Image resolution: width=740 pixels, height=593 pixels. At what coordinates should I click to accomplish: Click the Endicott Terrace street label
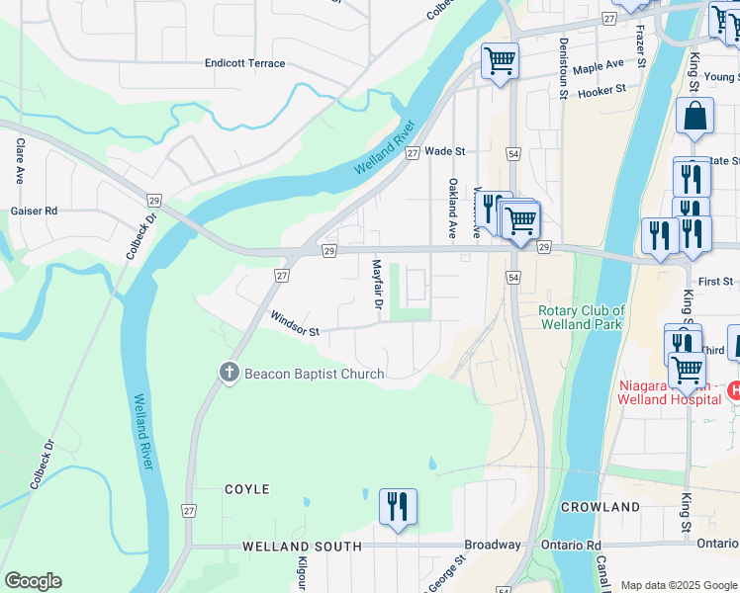[244, 63]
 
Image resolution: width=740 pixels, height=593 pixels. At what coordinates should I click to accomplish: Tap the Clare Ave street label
[19, 161]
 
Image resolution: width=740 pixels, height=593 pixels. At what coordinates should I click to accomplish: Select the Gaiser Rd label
[34, 211]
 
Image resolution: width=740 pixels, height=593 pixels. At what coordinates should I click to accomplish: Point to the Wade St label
[444, 151]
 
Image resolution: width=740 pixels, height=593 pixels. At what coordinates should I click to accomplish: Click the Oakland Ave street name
[452, 209]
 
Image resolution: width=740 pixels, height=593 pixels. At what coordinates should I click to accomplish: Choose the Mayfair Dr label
[377, 284]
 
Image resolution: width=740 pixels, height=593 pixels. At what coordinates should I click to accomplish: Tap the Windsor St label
[294, 324]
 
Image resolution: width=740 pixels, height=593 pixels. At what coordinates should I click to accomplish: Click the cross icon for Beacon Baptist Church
[229, 373]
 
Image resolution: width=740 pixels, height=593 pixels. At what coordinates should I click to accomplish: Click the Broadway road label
[493, 545]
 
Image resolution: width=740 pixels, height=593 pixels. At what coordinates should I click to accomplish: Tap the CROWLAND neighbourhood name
[601, 507]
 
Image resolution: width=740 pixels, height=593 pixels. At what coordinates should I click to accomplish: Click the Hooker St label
[602, 90]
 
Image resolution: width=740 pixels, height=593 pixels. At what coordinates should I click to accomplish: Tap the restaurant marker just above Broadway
[398, 507]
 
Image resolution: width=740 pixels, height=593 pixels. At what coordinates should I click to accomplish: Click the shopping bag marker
[694, 117]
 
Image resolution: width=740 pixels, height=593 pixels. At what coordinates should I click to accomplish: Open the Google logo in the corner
[32, 581]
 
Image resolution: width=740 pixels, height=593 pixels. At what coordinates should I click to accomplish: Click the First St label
[714, 282]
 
